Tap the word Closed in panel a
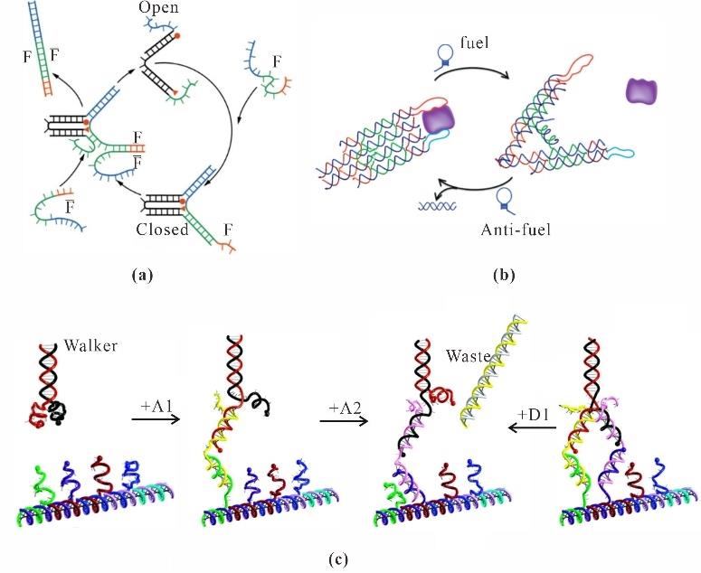pyautogui.click(x=162, y=229)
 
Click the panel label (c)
pyautogui.click(x=336, y=558)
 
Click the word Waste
pyautogui.click(x=466, y=357)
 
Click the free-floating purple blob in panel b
pyautogui.click(x=639, y=91)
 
